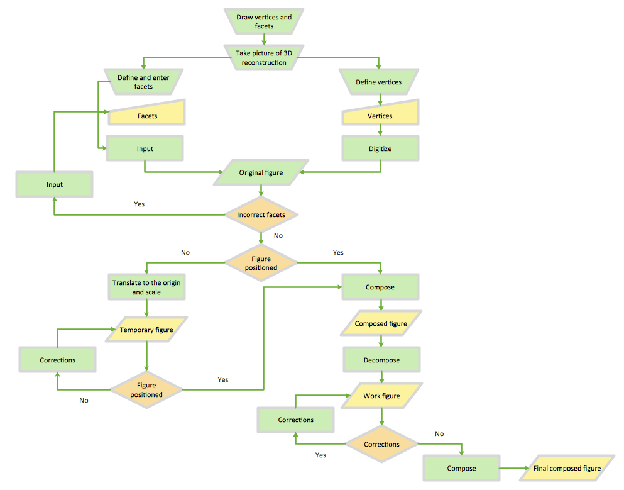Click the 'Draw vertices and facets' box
[x=264, y=22]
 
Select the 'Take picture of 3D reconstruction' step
[x=264, y=58]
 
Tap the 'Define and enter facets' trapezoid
[x=143, y=82]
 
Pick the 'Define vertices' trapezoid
[x=378, y=82]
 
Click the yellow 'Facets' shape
[x=147, y=116]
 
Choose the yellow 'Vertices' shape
[x=380, y=116]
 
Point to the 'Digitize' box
[x=380, y=149]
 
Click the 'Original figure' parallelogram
[x=261, y=172]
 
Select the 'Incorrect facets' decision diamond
[x=261, y=215]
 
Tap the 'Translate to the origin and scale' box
[x=146, y=287]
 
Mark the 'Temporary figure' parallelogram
[x=146, y=330]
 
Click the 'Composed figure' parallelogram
[x=381, y=324]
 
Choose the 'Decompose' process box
[x=381, y=360]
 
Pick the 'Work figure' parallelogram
[x=381, y=396]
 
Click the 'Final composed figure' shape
[x=567, y=468]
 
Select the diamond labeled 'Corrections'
[x=381, y=444]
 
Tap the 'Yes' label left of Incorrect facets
[x=140, y=204]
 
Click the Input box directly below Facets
[x=145, y=149]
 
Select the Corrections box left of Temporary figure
[x=57, y=360]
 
